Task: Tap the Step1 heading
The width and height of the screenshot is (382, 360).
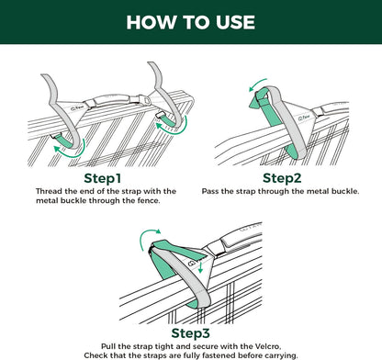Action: pyautogui.click(x=107, y=176)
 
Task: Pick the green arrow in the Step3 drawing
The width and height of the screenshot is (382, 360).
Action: pyautogui.click(x=144, y=242)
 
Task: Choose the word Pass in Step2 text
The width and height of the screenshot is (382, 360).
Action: pyautogui.click(x=213, y=190)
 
